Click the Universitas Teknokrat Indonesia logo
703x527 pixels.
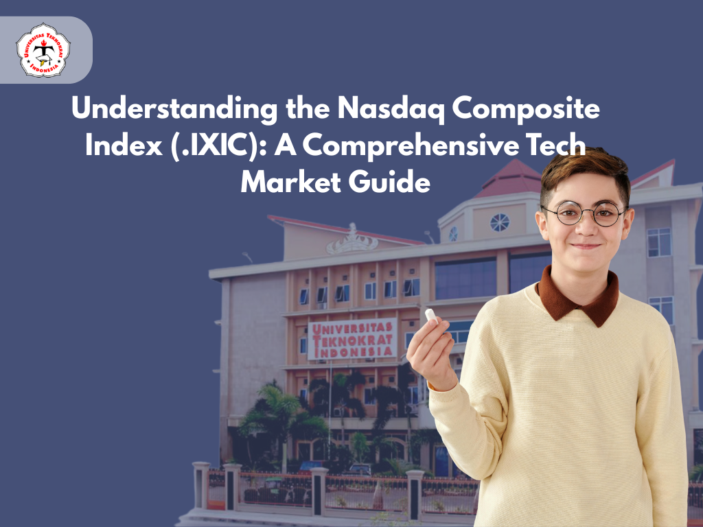point(43,49)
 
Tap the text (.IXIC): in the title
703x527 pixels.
point(219,145)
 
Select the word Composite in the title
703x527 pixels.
point(526,109)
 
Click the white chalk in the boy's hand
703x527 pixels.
point(431,316)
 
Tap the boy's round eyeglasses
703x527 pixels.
point(584,213)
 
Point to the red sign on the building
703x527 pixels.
point(352,339)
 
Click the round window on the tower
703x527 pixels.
point(500,223)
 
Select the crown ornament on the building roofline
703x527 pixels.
point(352,241)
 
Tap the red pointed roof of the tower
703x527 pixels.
point(511,178)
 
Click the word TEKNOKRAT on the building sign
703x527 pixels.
point(352,340)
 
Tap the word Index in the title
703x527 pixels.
point(124,145)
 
